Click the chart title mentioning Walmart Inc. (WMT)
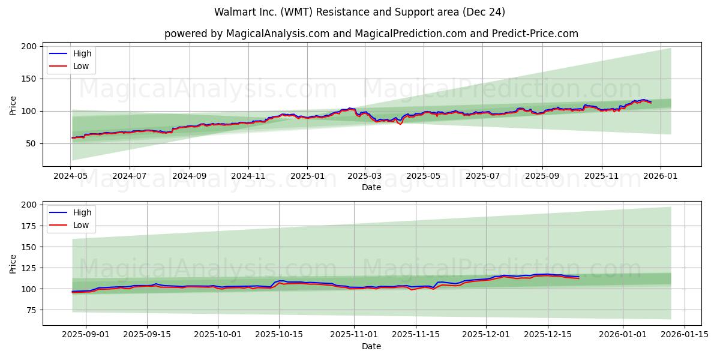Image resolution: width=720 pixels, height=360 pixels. coord(359,12)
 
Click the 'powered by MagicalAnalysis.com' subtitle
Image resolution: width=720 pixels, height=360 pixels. coord(371,34)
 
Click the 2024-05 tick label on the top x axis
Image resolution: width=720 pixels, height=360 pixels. coord(72,176)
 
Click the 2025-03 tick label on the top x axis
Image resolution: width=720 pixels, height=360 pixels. coord(365,176)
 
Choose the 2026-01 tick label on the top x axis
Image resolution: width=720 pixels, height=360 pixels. coord(661,176)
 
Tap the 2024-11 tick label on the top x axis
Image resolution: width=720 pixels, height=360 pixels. coord(248,176)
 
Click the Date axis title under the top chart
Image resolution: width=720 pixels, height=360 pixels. coord(371,187)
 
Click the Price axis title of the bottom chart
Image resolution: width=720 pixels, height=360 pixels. coord(13,263)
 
